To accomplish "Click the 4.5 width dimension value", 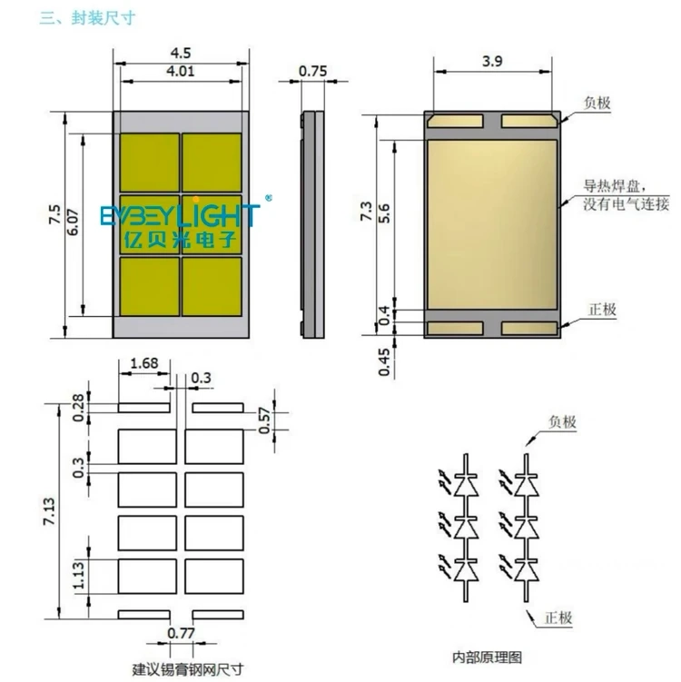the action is pos(181,53).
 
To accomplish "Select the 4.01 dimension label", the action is pos(181,71).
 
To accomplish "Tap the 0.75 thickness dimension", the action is pos(312,71).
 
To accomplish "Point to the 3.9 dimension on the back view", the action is pos(492,62).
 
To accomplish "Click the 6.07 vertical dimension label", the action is pos(73,222).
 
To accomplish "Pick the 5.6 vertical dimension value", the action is pos(384,213).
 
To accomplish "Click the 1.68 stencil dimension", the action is pos(144,363).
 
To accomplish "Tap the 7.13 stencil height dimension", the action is pos(49,511).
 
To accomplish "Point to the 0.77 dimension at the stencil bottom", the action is pos(181,633).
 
